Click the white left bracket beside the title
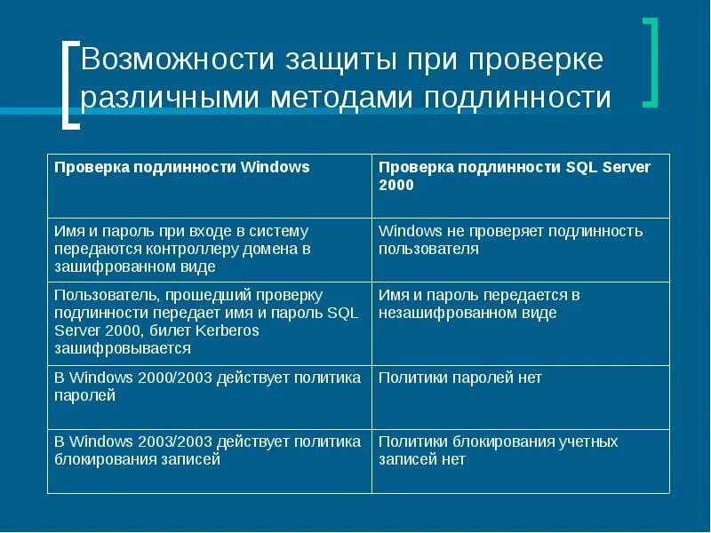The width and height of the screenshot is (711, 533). (x=70, y=84)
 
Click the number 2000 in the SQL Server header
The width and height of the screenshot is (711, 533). (x=396, y=186)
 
